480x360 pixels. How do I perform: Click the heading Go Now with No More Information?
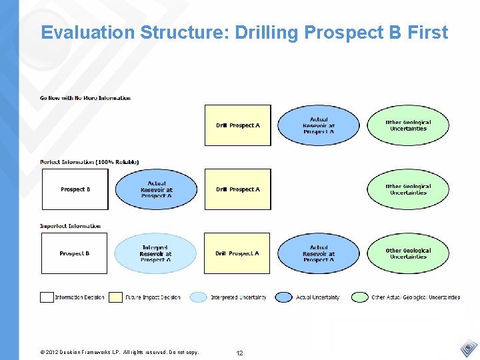click(85, 98)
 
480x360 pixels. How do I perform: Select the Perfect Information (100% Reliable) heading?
click(89, 162)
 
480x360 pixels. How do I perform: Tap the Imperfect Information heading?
click(70, 226)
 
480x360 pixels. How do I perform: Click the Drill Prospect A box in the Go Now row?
click(237, 125)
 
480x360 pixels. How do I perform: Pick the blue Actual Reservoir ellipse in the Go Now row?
click(318, 125)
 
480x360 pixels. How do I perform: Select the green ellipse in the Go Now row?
click(408, 125)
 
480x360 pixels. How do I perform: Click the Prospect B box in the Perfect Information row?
click(75, 189)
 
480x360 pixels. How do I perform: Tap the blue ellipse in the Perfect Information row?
click(156, 189)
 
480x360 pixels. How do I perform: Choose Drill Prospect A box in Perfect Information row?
click(237, 189)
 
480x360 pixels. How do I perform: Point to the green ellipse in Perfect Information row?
click(408, 189)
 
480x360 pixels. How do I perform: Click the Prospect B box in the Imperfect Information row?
click(75, 253)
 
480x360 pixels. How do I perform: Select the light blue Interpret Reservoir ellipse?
click(155, 253)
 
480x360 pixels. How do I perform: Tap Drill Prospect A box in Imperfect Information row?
click(237, 253)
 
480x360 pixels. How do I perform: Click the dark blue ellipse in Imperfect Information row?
click(318, 253)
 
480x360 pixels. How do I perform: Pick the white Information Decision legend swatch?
click(47, 297)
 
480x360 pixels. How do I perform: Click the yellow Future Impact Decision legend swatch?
click(116, 297)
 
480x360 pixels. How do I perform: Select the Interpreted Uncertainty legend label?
click(238, 297)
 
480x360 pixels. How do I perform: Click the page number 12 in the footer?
click(239, 353)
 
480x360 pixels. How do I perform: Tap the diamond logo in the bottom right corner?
click(469, 348)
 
